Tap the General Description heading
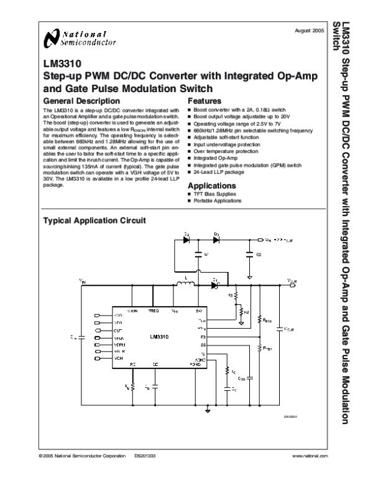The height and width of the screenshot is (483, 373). click(x=81, y=100)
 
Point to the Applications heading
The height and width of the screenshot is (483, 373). click(x=211, y=185)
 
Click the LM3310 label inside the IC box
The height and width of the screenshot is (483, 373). click(x=160, y=337)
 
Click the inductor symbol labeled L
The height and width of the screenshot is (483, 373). click(x=184, y=286)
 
